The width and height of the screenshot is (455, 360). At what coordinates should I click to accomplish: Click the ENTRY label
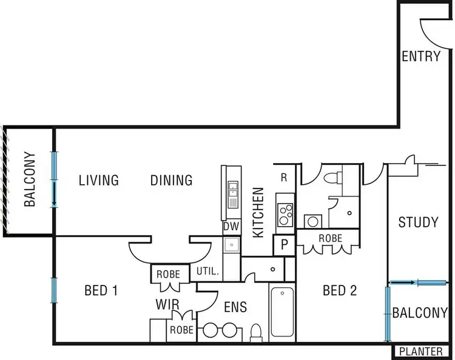[421, 56]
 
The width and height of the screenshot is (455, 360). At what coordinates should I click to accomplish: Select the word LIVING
[99, 180]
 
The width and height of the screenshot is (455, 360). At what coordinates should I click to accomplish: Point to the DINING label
[171, 180]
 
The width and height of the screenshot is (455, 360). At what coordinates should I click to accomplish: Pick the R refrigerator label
[283, 178]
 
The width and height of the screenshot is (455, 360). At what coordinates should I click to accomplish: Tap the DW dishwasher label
[231, 227]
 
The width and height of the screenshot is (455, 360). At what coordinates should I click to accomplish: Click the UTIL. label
[207, 272]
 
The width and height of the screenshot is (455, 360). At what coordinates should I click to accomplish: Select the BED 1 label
[101, 290]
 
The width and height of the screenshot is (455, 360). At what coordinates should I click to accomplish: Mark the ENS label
[235, 307]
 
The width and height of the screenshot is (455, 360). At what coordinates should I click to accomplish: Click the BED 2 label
[339, 290]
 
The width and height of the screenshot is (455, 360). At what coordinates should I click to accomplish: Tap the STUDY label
[418, 222]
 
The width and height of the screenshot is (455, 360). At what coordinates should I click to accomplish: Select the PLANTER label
[422, 352]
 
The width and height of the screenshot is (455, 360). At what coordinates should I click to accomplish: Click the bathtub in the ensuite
[281, 312]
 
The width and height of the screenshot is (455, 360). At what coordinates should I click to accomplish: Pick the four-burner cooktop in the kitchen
[285, 214]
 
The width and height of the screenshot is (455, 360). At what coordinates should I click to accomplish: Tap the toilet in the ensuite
[256, 332]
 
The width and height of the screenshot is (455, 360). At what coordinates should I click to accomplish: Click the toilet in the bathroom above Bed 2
[331, 178]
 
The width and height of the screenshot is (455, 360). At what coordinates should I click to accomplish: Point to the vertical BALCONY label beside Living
[30, 180]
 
